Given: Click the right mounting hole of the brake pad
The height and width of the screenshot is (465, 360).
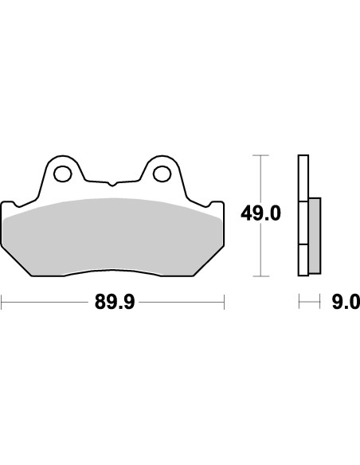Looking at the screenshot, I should (162, 171).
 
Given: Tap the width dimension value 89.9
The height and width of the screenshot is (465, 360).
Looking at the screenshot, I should (113, 302).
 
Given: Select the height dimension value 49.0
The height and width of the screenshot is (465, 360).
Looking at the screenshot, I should (260, 214).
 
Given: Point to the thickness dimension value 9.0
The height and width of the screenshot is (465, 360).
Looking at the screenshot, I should (344, 302).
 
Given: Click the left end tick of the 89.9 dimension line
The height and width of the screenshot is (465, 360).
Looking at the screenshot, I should (2, 302).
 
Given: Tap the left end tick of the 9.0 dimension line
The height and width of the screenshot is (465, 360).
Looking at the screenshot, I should (299, 302).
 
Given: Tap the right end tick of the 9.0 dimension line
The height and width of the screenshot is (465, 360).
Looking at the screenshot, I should (321, 302).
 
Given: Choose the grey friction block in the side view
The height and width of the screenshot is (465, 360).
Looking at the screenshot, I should (314, 234).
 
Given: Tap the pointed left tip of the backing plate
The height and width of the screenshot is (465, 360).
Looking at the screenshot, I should (4, 202).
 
